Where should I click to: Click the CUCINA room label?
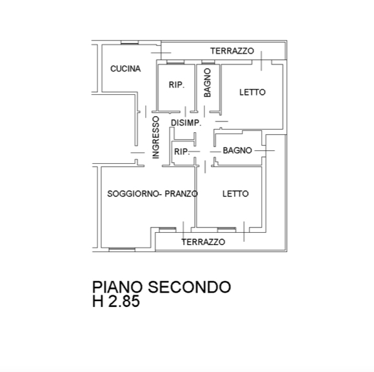point(126,69)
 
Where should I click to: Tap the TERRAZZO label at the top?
point(232,51)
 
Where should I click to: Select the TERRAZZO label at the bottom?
point(203,242)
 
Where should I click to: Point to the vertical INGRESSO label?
point(155,137)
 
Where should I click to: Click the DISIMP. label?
point(186,122)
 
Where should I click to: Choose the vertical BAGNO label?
point(208,83)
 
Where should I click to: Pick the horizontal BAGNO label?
point(237,150)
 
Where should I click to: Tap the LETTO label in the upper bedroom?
point(252,92)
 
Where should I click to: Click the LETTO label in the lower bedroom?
point(235,193)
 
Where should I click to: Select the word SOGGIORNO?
point(133,193)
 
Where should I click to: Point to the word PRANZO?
point(181,193)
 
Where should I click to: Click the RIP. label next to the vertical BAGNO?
point(177,84)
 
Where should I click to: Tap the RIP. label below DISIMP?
point(182,152)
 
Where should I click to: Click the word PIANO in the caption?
point(117,287)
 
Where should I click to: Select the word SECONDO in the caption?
point(190,287)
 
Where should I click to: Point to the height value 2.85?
point(124,301)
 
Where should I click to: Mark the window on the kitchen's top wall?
point(130,43)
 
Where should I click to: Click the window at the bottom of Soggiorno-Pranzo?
point(122,250)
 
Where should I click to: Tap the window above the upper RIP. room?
point(175,63)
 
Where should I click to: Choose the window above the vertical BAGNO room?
point(208,63)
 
